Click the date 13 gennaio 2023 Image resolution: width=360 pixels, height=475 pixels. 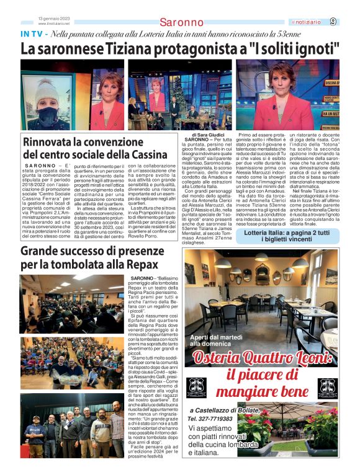pyautogui.click(x=53, y=18)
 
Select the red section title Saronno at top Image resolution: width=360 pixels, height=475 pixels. pyautogui.click(x=181, y=23)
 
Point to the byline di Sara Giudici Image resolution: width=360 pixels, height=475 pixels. pyautogui.click(x=208, y=135)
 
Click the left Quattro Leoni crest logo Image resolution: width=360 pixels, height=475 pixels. pyautogui.click(x=196, y=387)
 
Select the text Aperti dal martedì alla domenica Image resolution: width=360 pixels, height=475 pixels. pyautogui.click(x=215, y=339)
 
